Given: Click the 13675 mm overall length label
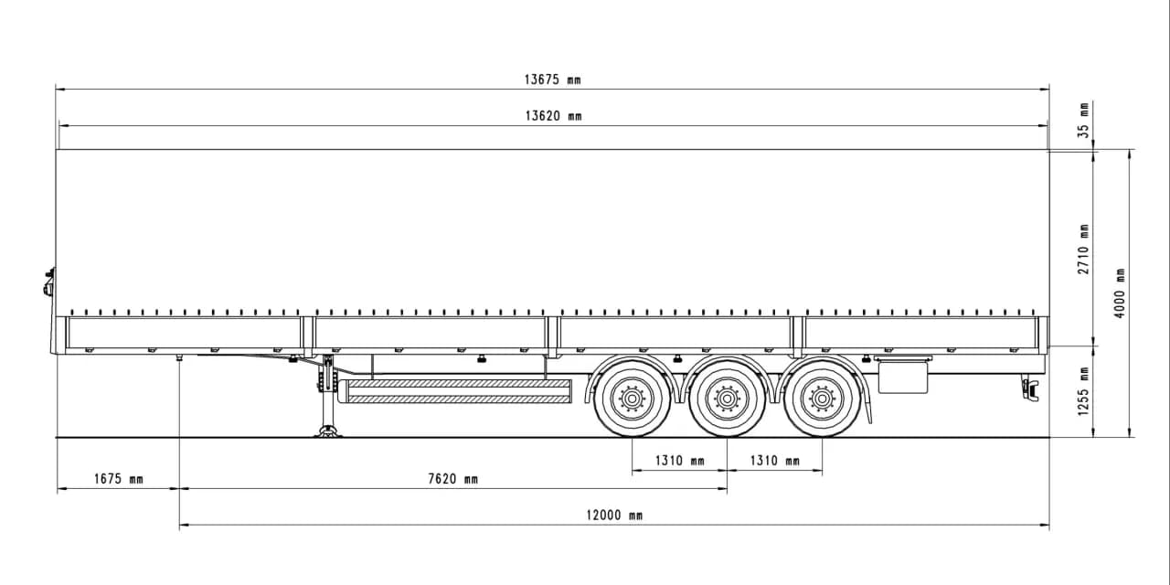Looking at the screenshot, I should point(552,80).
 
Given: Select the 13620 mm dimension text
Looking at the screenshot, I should point(552,116).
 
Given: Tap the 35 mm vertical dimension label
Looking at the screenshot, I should point(1084,120).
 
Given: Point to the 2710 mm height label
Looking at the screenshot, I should point(1084,249).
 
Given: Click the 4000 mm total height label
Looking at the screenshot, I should point(1121,292).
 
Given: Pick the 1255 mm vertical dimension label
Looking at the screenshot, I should point(1084,391).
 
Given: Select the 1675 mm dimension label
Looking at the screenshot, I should point(118,479).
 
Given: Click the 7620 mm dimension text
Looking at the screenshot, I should point(452,479).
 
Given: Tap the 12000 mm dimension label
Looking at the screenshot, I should point(613,516).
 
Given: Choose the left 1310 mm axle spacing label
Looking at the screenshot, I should point(679,461).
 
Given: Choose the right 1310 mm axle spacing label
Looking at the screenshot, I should point(774,461).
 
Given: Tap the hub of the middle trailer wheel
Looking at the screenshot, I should point(727,399).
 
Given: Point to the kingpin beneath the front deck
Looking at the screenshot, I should point(179,358).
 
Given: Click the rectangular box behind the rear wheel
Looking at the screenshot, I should point(903,377).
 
